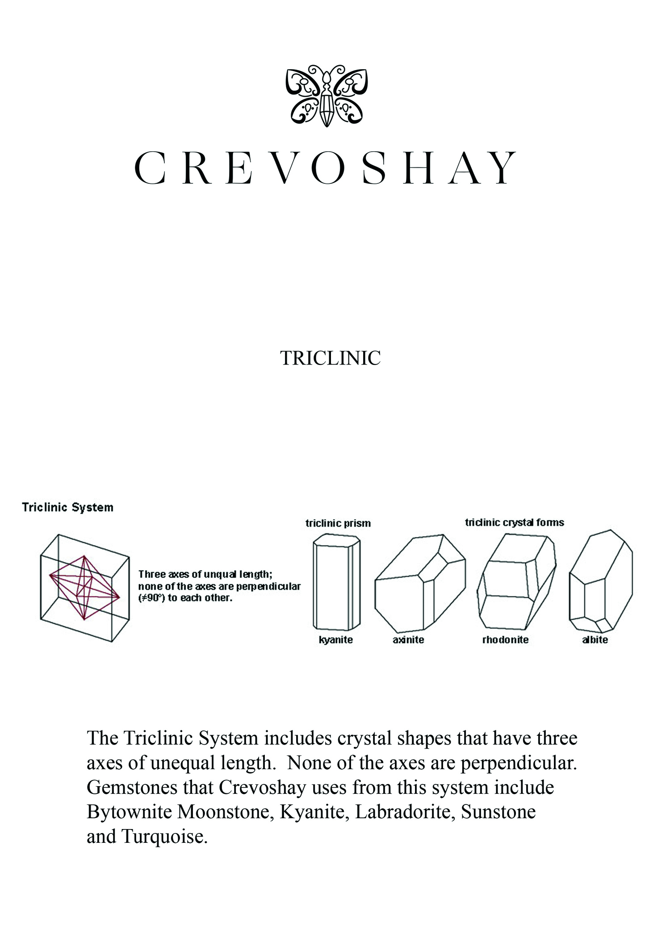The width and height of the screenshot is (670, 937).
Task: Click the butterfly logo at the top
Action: tap(327, 95)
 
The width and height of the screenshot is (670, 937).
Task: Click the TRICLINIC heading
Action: tap(330, 358)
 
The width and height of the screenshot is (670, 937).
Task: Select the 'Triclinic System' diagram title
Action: tap(67, 507)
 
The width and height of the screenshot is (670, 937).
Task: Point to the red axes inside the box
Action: tap(84, 588)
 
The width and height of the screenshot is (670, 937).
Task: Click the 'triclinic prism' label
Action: tap(338, 523)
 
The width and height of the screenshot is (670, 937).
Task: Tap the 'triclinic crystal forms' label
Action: tap(515, 522)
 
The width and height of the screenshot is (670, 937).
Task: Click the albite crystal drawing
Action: tap(601, 581)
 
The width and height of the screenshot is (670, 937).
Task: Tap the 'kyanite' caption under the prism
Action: tap(336, 640)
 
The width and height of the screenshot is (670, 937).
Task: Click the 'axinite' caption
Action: tap(408, 640)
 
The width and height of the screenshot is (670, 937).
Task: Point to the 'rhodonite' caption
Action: tap(505, 640)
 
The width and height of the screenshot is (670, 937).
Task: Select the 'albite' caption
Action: tap(595, 640)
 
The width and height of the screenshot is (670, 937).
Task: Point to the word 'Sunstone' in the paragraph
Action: tap(498, 812)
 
